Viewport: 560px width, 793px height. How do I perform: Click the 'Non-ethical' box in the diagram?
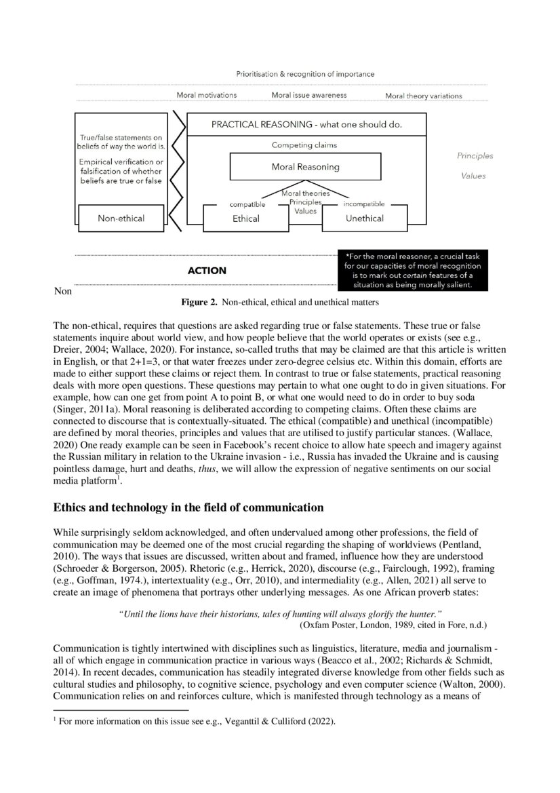tap(121, 218)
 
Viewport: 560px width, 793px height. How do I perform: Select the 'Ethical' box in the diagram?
tap(245, 218)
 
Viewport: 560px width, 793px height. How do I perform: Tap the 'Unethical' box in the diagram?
tap(364, 218)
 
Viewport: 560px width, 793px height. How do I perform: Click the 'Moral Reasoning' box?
tap(305, 167)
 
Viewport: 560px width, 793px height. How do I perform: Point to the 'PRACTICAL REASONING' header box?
tap(306, 125)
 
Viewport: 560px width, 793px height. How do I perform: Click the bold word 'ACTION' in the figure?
tap(207, 271)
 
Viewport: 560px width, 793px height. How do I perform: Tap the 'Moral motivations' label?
tap(207, 95)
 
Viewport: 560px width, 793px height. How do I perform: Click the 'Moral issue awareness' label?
tap(309, 95)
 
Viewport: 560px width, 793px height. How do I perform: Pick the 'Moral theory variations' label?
tap(424, 96)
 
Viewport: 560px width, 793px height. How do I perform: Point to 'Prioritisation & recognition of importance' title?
tap(305, 74)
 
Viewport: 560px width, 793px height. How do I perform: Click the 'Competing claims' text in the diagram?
tap(304, 145)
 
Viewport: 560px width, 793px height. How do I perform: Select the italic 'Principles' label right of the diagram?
tap(475, 156)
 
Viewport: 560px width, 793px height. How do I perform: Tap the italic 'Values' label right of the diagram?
tap(473, 176)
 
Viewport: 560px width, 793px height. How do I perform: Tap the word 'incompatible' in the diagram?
tap(364, 204)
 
